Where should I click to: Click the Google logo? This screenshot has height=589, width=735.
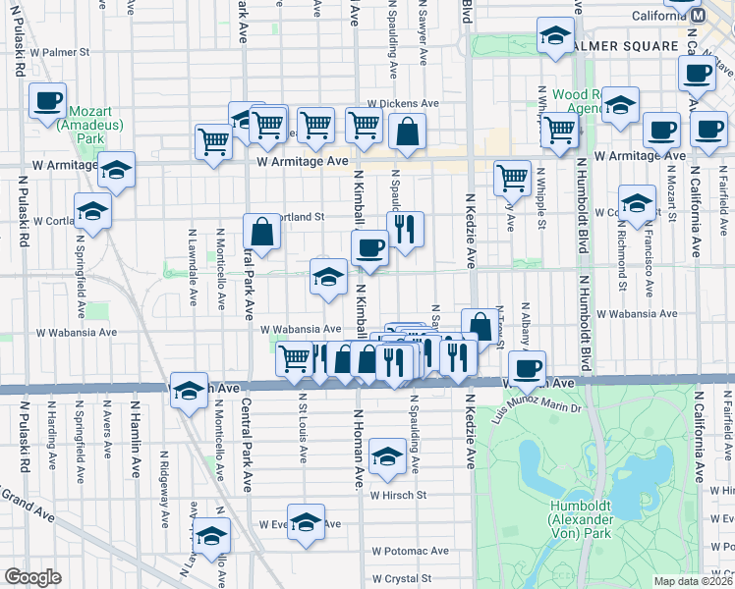point(31,577)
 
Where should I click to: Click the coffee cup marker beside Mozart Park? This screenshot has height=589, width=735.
point(48,100)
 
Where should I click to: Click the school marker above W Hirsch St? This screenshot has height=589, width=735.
point(389,455)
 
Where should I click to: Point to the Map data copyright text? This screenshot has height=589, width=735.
point(690,581)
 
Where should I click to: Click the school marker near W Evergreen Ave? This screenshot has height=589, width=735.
point(306,520)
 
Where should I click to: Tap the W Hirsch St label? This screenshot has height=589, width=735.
point(398,495)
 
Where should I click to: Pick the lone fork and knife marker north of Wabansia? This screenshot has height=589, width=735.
point(406,230)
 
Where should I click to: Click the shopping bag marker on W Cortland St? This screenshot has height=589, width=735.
point(262,233)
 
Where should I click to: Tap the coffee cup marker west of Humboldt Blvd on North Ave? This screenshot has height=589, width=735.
point(528,367)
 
